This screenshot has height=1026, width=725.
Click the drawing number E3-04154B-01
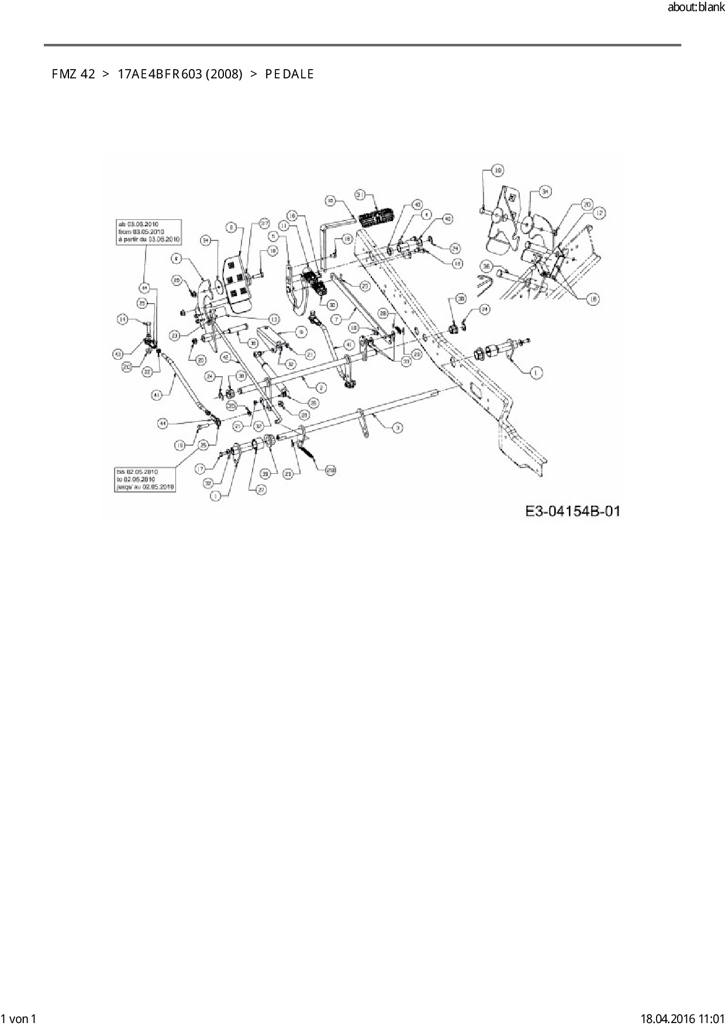click(572, 511)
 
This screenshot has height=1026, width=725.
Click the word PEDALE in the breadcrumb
click(289, 74)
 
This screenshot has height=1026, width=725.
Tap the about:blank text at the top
click(696, 8)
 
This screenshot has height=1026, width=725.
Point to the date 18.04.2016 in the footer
click(666, 1018)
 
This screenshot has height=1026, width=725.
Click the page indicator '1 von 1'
click(19, 1018)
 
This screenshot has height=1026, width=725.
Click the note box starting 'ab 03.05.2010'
click(149, 232)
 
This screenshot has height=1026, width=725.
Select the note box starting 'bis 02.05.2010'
click(145, 478)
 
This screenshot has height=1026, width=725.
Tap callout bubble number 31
click(360, 194)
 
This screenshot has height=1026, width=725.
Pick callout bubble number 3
click(397, 428)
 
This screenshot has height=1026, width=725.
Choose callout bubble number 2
click(321, 387)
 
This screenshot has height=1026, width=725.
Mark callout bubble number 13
click(274, 318)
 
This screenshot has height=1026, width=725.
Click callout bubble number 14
click(123, 319)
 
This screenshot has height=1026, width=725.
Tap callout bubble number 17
click(201, 468)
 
